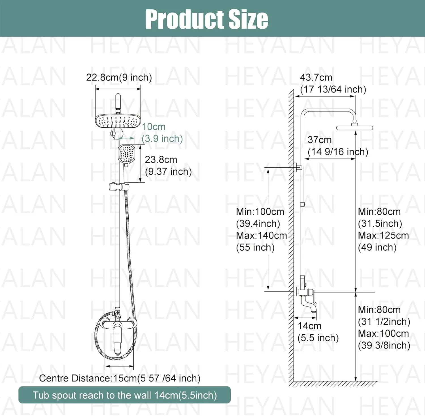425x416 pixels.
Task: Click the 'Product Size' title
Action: (x=207, y=19)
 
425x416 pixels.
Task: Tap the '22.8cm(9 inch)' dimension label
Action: (x=119, y=77)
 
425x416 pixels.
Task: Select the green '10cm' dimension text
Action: (x=154, y=127)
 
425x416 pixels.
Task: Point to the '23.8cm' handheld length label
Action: (x=161, y=160)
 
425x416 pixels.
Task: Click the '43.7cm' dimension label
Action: (x=316, y=77)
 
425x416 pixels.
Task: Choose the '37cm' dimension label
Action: (x=320, y=140)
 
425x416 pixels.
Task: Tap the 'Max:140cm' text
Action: (x=262, y=235)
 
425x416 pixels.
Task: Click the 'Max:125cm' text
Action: (x=383, y=235)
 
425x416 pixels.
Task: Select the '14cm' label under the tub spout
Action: (x=310, y=326)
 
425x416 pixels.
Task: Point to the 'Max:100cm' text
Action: (x=383, y=333)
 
